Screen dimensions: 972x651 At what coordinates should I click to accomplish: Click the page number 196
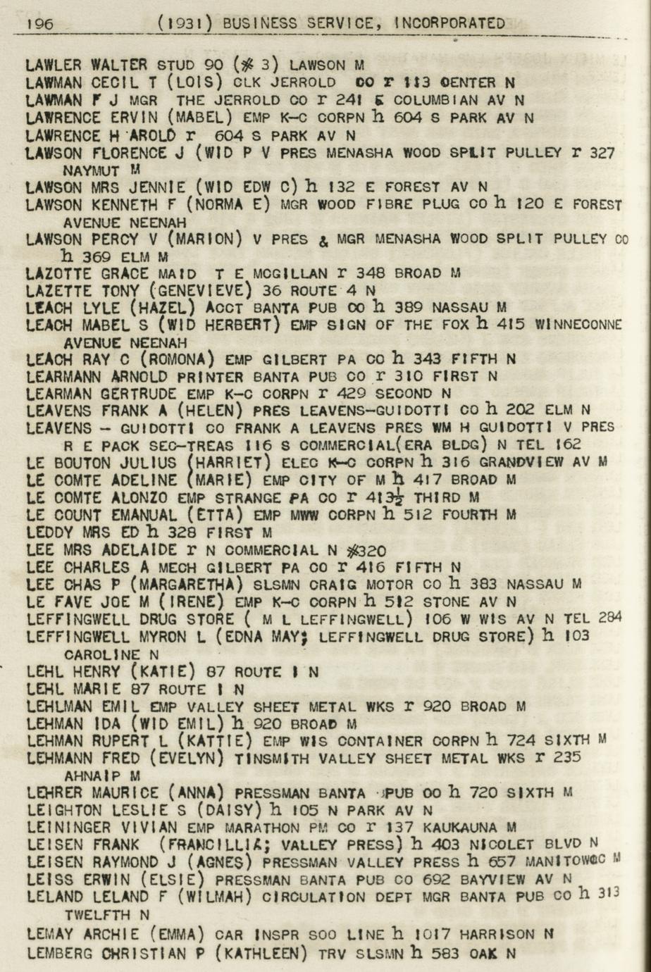(x=39, y=23)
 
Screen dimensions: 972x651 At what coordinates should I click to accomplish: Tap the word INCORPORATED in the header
(x=449, y=23)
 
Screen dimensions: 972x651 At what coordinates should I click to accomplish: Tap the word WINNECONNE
(x=578, y=325)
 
